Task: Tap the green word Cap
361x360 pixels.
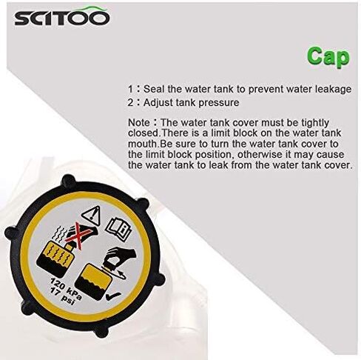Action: click(x=328, y=57)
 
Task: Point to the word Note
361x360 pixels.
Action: click(x=139, y=123)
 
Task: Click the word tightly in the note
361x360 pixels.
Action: click(x=315, y=123)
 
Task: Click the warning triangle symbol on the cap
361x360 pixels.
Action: click(x=92, y=216)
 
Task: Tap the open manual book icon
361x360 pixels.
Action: click(x=118, y=229)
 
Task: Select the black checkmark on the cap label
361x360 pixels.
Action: click(x=113, y=296)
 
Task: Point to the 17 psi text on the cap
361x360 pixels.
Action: click(x=61, y=296)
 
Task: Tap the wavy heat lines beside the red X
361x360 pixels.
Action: click(x=61, y=234)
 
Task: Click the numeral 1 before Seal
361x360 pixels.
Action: click(x=130, y=90)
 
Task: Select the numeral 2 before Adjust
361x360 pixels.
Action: click(x=131, y=103)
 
